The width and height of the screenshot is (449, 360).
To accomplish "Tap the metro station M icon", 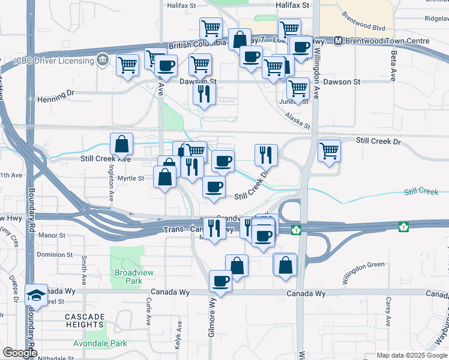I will pos(339,41).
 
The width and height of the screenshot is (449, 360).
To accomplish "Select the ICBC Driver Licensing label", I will pos(54,61).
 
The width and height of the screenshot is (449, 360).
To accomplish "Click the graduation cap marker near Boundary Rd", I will pos(36,296).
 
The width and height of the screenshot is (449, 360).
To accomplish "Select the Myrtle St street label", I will pos(131,178).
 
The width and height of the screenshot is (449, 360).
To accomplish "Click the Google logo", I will pos(20,353).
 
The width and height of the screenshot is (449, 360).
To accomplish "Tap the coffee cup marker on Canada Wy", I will pos(221,281).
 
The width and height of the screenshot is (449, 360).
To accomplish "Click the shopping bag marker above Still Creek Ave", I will pos(122,145).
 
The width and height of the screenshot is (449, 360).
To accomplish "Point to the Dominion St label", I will pos(55,254).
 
